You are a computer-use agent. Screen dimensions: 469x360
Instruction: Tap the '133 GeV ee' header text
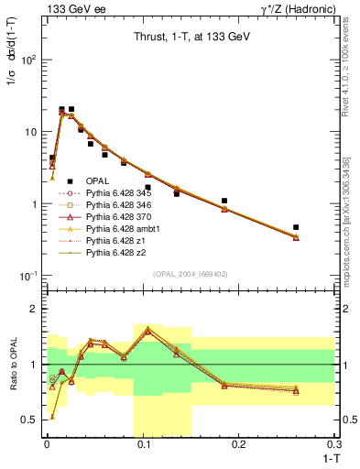point(70,8)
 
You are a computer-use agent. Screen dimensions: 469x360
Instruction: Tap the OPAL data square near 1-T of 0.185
point(224,201)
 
